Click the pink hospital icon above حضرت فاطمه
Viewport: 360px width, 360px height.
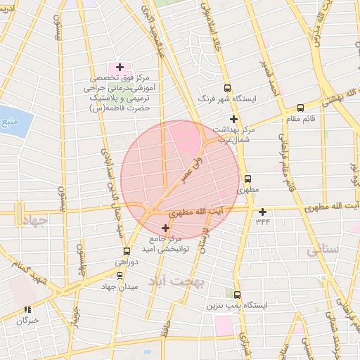pyautogui.click(x=120, y=67)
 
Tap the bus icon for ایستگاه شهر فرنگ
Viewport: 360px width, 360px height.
pyautogui.click(x=227, y=89)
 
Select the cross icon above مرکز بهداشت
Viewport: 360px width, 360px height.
pyautogui.click(x=233, y=119)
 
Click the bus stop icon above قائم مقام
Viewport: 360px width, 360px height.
pyautogui.click(x=301, y=108)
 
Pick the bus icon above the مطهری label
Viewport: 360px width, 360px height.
pyautogui.click(x=247, y=179)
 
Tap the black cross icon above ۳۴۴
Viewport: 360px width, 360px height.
pyautogui.click(x=262, y=212)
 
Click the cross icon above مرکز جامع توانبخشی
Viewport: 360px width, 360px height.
pyautogui.click(x=166, y=228)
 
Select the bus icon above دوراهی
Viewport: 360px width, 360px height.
pyautogui.click(x=127, y=251)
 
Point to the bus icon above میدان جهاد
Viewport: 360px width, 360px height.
pyautogui.click(x=120, y=276)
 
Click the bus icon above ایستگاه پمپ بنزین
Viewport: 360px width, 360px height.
pyautogui.click(x=237, y=295)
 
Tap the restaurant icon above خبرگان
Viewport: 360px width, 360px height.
pyautogui.click(x=27, y=309)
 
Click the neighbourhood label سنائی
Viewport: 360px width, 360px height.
pyautogui.click(x=323, y=250)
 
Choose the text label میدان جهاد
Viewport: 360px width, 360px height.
pyautogui.click(x=117, y=287)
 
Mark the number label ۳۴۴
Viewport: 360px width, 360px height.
pyautogui.click(x=262, y=222)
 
